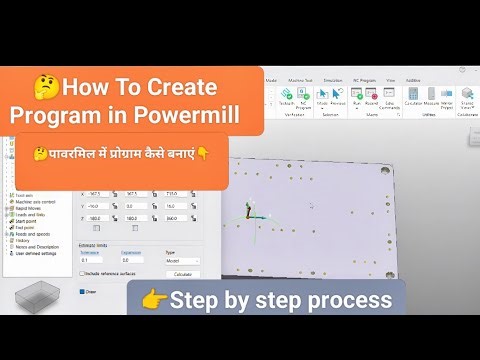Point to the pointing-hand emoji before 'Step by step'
tap(152, 300)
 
